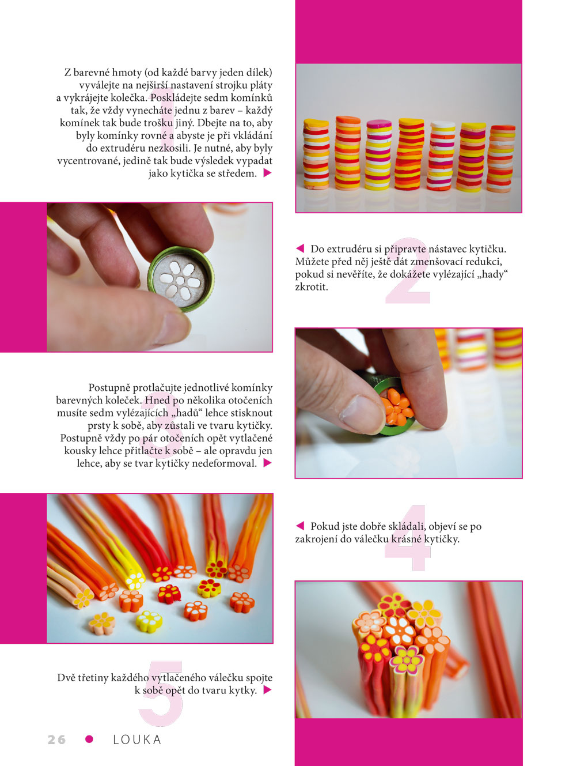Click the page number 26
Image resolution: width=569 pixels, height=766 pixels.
pos(56,739)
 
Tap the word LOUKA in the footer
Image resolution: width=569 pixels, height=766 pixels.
pos(137,739)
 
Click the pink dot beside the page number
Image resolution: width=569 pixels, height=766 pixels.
pos(89,739)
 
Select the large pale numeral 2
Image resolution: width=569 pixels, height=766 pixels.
pos(408,270)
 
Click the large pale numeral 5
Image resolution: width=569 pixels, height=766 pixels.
pos(161,693)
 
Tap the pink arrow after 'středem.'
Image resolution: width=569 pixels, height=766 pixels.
pos(267,173)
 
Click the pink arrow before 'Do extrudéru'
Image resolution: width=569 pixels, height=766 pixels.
pos(300,248)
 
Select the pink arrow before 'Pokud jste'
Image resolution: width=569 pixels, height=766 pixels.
pos(300,526)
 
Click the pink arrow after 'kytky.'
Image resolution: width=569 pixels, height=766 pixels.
pos(267,690)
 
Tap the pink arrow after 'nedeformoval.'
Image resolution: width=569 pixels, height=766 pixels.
pos(267,463)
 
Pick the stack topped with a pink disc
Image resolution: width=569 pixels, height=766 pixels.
pos(378,154)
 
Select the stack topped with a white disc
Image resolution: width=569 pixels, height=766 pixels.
pos(441,156)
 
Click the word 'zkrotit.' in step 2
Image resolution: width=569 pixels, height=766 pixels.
pos(311,286)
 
